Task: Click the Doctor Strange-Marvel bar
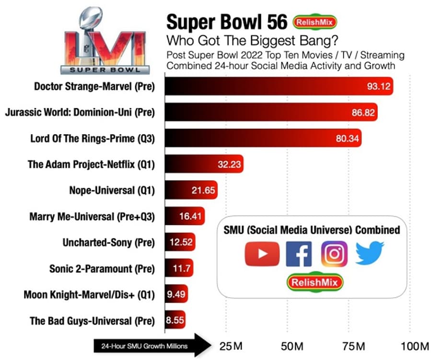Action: tap(279, 86)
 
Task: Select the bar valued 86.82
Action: tap(271, 113)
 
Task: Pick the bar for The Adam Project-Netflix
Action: tap(205, 165)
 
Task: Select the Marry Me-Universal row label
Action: tap(92, 217)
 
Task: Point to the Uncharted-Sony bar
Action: tap(180, 243)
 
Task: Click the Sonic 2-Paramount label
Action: tap(102, 268)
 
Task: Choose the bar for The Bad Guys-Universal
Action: tap(175, 320)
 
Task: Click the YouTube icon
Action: tap(262, 254)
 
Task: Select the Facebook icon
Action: tap(298, 254)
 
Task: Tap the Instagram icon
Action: tap(334, 254)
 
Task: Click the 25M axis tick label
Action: tap(230, 346)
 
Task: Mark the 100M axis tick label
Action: tap(415, 346)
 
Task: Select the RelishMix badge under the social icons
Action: tap(315, 282)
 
